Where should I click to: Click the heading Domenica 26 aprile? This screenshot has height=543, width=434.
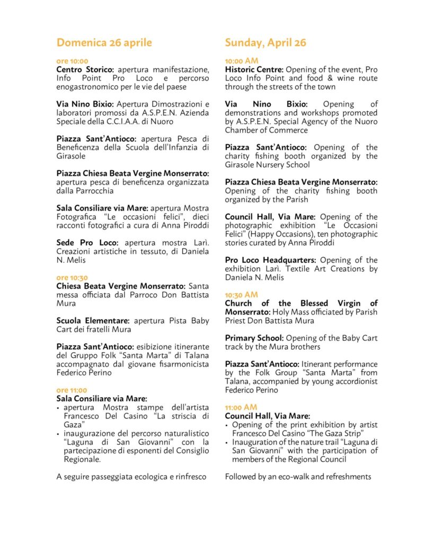click(x=104, y=42)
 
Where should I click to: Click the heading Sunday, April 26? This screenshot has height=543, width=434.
click(x=265, y=42)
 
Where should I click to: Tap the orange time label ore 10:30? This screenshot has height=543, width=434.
click(x=72, y=277)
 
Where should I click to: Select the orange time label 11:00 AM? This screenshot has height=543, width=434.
click(x=241, y=407)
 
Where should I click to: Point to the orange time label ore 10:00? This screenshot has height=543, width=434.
click(x=72, y=61)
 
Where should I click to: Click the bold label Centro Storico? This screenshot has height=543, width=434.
click(x=86, y=69)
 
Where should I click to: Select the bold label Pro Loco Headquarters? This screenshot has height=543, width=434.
click(x=270, y=260)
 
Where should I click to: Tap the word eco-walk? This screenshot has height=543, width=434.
click(x=286, y=477)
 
